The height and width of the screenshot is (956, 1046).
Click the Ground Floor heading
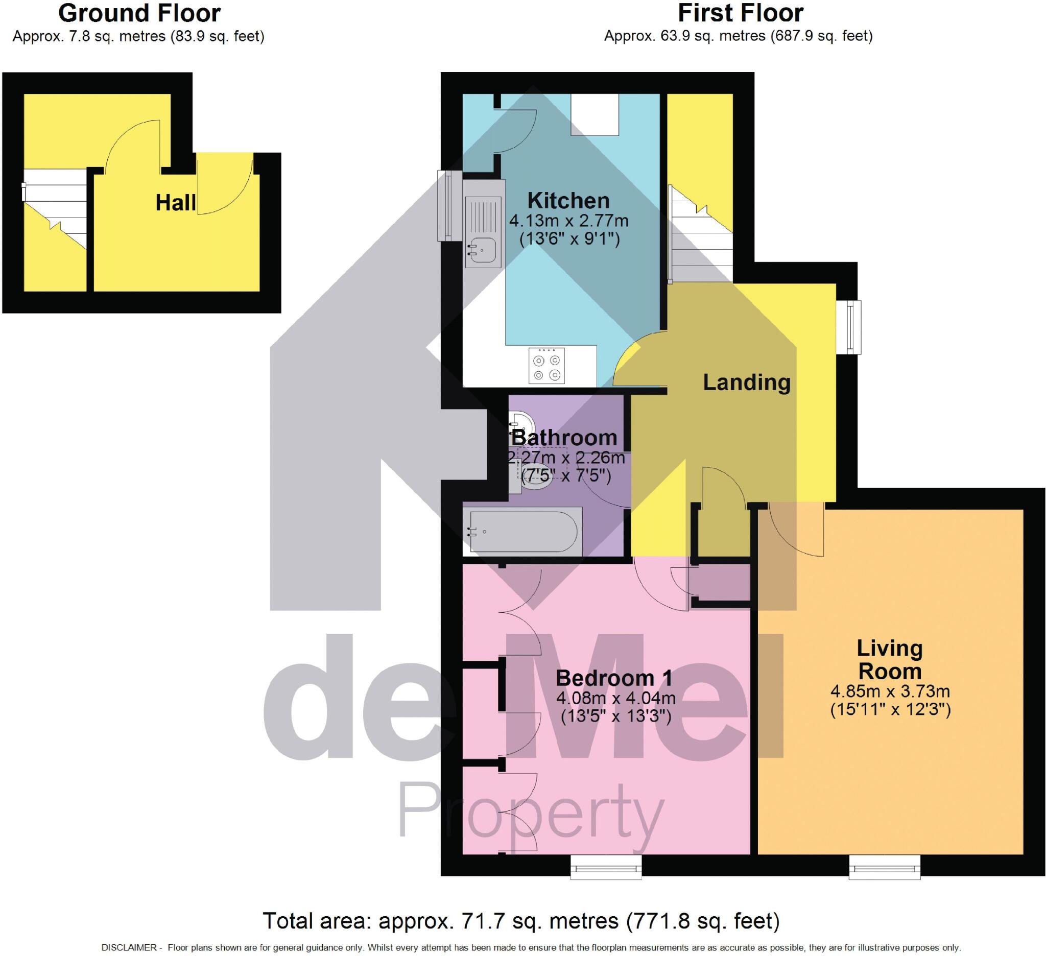click(139, 13)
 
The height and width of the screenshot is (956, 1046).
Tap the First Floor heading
click(741, 13)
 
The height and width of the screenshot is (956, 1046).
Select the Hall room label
click(175, 203)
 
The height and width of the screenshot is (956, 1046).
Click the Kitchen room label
click(568, 201)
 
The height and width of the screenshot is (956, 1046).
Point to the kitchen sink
click(483, 251)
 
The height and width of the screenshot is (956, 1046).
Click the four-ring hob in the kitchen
click(546, 366)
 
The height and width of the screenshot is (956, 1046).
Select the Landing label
click(746, 383)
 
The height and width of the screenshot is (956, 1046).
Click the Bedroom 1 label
click(614, 678)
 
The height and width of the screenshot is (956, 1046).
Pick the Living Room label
click(889, 659)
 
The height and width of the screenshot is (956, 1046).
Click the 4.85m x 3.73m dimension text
click(890, 691)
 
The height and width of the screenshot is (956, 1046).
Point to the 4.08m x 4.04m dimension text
click(615, 698)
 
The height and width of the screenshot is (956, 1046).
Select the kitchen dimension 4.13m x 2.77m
click(568, 221)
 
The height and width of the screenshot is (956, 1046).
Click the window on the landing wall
click(849, 327)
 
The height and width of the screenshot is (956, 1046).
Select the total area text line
click(521, 921)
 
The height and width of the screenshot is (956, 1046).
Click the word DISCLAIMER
click(129, 947)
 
